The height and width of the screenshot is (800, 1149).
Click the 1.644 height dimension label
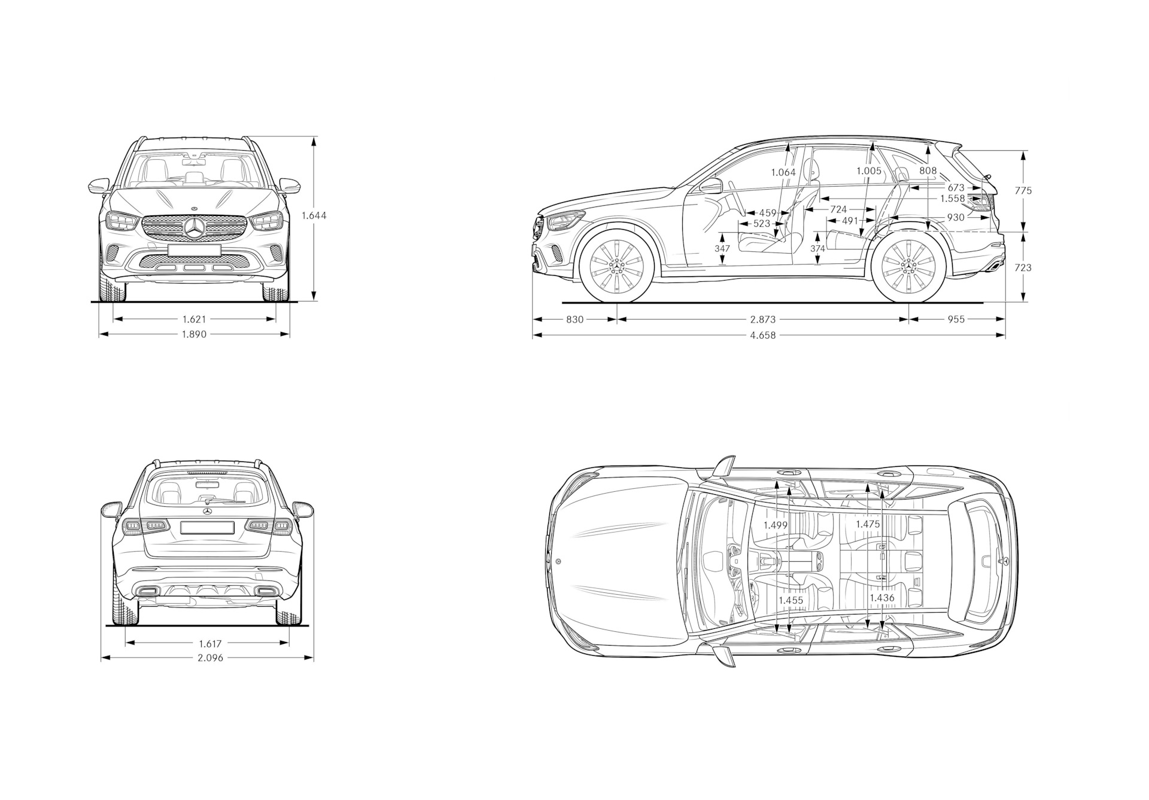314,215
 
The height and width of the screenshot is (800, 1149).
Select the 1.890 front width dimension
194,334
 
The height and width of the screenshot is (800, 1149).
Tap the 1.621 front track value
194,319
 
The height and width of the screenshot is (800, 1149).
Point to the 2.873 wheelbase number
762,320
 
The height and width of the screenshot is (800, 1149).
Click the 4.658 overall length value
762,335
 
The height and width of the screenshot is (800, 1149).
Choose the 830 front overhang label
574,320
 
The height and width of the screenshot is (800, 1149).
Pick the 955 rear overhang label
956,320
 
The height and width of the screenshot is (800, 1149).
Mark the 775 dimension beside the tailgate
1023,191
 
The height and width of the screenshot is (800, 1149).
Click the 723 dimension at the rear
1023,267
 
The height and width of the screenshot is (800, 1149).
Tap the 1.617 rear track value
210,644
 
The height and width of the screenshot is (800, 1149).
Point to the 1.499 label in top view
775,525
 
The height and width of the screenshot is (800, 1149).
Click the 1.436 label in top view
881,598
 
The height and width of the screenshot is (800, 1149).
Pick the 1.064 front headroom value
783,172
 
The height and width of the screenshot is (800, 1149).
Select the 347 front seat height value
722,248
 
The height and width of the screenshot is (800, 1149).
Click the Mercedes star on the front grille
194,229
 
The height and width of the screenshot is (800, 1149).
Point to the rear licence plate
206,527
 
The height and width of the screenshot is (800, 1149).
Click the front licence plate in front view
194,250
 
